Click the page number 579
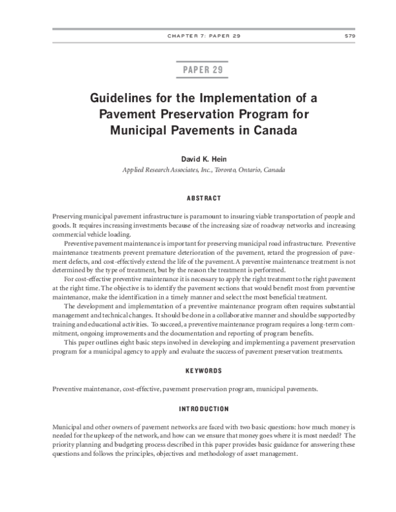pos(350,36)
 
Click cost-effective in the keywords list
pos(141,389)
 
